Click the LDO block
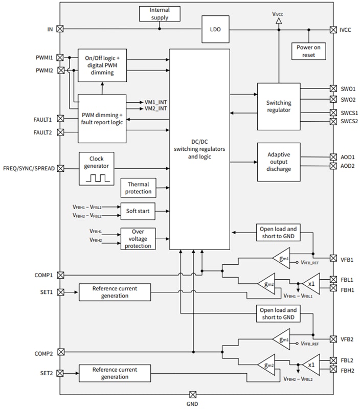pos(215,29)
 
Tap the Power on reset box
pos(309,51)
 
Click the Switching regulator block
pos(279,106)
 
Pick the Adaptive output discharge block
pos(279,162)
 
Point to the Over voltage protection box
pos(138,239)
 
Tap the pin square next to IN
pos(60,29)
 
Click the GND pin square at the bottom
pos(193,395)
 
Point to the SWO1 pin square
pos(333,88)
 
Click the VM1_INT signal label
pos(156,102)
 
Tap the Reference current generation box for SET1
pos(115,292)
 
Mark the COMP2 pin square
pos(60,352)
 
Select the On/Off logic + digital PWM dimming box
pos(103,65)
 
